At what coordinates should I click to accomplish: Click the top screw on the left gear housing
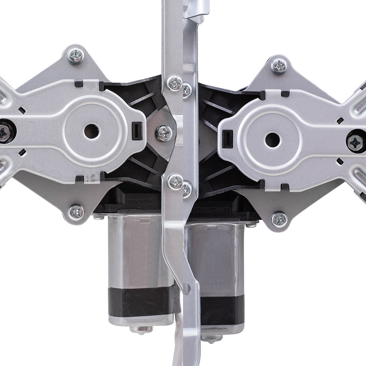click(76, 56)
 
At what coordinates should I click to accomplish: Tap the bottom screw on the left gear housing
click(76, 212)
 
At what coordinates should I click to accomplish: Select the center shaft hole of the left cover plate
click(91, 131)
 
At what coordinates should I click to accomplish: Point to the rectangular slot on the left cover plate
click(137, 131)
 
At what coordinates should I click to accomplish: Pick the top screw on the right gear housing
click(279, 66)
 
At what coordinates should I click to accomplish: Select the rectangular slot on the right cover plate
click(227, 139)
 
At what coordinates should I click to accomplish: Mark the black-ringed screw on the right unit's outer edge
click(356, 142)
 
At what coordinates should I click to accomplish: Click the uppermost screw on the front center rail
click(175, 83)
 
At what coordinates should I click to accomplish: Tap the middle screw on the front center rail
click(164, 133)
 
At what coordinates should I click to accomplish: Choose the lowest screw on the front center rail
click(175, 182)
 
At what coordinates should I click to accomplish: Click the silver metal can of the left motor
click(139, 253)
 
